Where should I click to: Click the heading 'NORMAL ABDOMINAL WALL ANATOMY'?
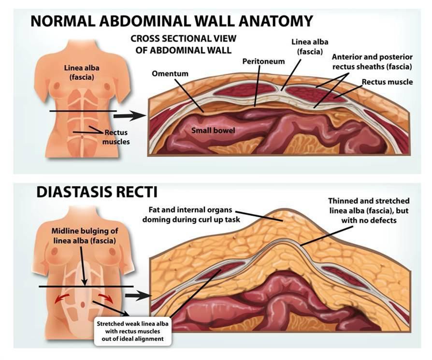(x=172, y=21)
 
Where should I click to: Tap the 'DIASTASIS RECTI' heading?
(x=97, y=192)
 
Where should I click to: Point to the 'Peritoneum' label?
(x=263, y=62)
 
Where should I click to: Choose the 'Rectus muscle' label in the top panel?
(x=387, y=82)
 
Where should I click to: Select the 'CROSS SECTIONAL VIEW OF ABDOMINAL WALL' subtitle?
(x=181, y=45)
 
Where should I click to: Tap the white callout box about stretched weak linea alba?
(x=132, y=331)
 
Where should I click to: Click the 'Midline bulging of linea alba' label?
(x=85, y=235)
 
